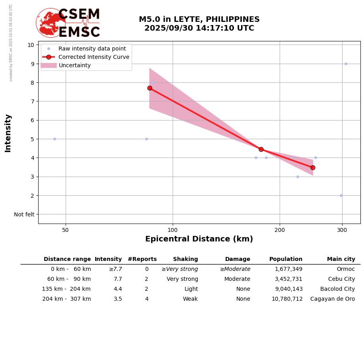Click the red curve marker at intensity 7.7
point(150,88)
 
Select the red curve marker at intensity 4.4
point(261,149)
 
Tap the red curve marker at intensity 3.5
point(313,167)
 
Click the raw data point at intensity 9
point(346,64)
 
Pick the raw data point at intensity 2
point(341,195)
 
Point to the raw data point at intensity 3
point(298,177)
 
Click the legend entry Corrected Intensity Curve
point(94,57)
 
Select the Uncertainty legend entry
point(75,65)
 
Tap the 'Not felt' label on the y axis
point(24,214)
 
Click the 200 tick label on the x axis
point(280,230)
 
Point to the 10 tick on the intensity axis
point(31,45)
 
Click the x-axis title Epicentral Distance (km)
point(199,239)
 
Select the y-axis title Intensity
point(8,133)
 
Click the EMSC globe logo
point(51,23)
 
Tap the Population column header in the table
point(286,259)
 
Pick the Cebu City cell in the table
point(341,279)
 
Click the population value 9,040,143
point(288,289)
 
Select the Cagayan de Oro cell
point(333,299)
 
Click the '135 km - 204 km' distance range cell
point(66,289)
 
